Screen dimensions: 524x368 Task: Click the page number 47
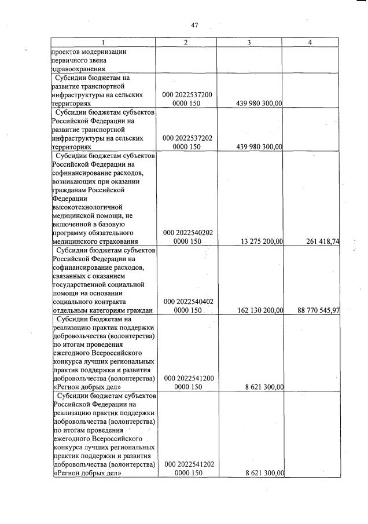[194, 25]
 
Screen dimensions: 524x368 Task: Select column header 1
[103, 42]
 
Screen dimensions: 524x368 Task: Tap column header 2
[186, 42]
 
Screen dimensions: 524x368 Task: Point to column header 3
[249, 42]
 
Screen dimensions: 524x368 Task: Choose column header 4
[310, 42]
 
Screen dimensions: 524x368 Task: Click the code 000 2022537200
[187, 94]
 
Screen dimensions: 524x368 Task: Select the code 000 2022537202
[187, 138]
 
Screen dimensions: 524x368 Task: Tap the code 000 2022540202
[187, 233]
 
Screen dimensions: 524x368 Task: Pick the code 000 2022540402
[187, 302]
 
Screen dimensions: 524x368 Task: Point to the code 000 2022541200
[187, 378]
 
